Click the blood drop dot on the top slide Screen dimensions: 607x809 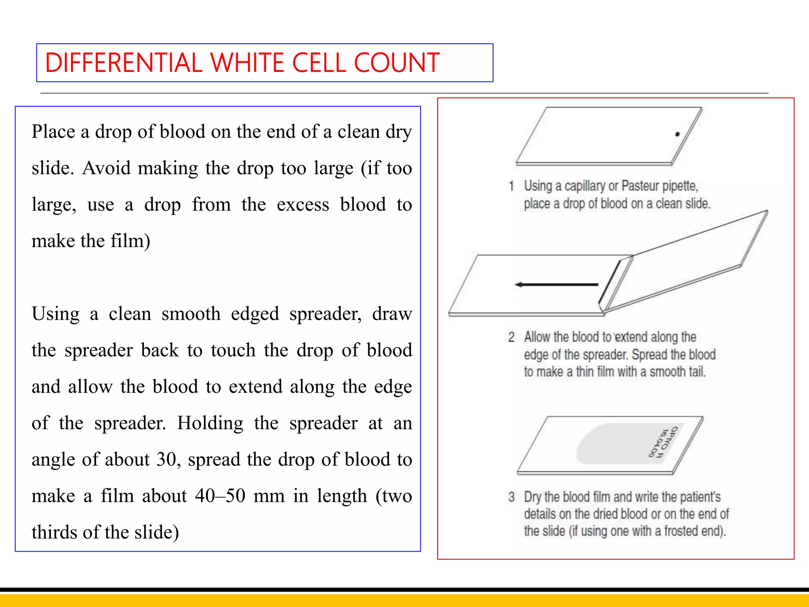pyautogui.click(x=677, y=134)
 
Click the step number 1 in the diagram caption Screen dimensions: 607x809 pyautogui.click(x=512, y=186)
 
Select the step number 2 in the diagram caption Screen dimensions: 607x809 pyautogui.click(x=512, y=337)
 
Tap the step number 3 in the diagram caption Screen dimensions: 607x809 pyautogui.click(x=512, y=497)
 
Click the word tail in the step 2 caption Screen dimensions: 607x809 pyautogui.click(x=697, y=372)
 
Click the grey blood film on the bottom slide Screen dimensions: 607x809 pyautogui.click(x=616, y=445)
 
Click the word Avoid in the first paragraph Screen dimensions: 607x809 pyautogui.click(x=106, y=168)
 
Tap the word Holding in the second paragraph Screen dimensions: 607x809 pyautogui.click(x=210, y=423)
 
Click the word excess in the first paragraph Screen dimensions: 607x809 pyautogui.click(x=303, y=204)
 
